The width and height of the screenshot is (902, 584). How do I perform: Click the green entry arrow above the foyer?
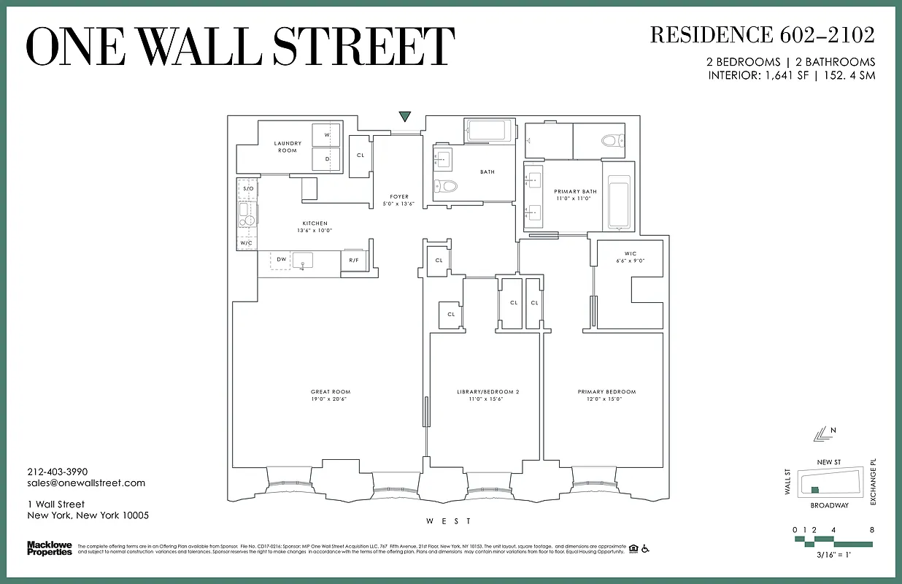click(405, 117)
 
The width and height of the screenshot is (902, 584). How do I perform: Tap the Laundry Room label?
click(288, 147)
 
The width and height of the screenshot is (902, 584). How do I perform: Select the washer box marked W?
click(326, 135)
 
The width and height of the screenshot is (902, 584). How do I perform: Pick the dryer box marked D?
click(326, 158)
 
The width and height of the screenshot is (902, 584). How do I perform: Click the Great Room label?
click(325, 395)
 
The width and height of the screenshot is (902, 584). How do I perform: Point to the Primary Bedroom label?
click(606, 395)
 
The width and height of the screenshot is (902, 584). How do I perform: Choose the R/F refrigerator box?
click(353, 260)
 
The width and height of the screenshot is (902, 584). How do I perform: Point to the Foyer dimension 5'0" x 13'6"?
click(399, 204)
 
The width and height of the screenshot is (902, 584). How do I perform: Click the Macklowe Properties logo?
click(50, 548)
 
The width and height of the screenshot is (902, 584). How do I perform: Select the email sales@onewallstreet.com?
click(86, 483)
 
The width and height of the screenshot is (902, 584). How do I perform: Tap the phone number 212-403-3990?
click(57, 472)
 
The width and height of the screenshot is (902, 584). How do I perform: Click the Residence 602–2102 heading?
click(762, 35)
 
